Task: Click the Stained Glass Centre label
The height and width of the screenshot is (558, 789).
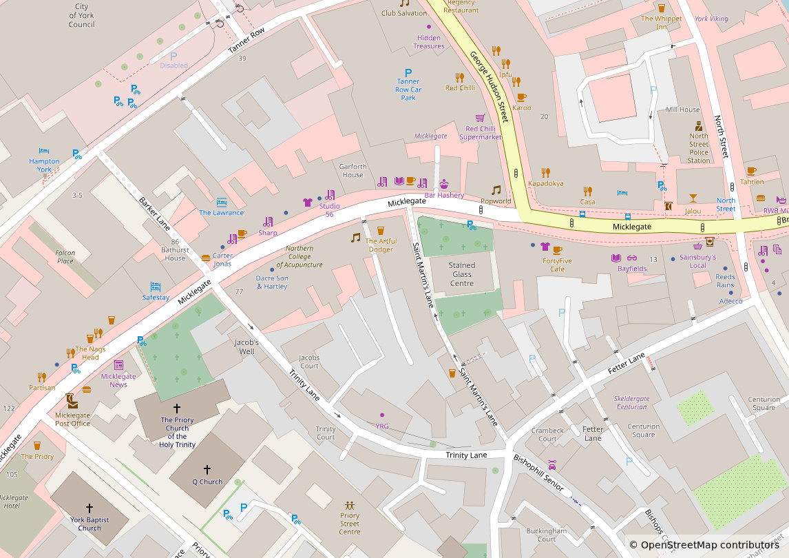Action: [461, 274]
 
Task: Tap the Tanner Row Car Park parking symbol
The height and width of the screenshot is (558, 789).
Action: [408, 72]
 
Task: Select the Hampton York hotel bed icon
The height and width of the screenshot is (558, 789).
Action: [44, 150]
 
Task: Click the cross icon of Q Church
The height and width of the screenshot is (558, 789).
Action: [207, 470]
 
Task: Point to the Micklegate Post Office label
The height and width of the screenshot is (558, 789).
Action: [72, 419]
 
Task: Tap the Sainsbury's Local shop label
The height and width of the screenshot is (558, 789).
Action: [697, 261]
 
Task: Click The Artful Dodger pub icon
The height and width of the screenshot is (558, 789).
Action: [381, 231]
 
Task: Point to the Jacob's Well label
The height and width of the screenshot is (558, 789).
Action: [246, 347]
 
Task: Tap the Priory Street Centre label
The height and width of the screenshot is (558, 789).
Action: [349, 524]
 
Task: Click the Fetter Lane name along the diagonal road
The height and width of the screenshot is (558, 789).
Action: [627, 364]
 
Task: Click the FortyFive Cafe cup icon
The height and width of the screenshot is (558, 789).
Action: [557, 249]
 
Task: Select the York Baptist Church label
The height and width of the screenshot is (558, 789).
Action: [90, 524]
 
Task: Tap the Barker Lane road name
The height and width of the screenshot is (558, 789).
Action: [154, 214]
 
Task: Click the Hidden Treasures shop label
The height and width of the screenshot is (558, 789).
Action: [428, 42]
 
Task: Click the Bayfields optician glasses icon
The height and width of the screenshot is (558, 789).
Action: [632, 258]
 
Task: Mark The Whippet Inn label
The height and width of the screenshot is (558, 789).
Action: [661, 23]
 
